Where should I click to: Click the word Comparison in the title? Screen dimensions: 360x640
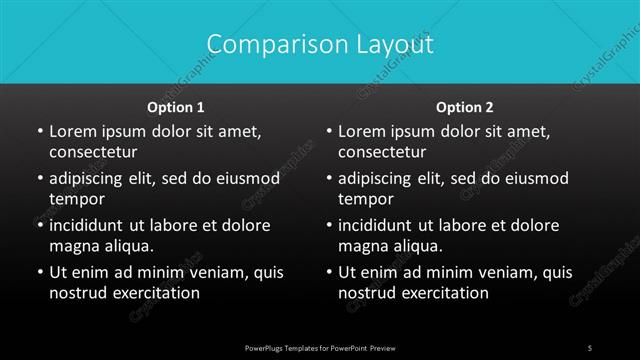click(263, 45)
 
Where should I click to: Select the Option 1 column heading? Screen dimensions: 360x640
click(176, 106)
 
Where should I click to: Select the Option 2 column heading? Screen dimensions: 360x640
click(465, 106)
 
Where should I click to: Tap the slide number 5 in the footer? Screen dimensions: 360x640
click(590, 347)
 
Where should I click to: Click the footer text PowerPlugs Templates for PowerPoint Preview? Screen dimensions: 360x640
click(320, 347)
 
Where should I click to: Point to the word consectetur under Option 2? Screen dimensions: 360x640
click(383, 153)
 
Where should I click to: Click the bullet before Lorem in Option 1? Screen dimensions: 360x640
click(39, 132)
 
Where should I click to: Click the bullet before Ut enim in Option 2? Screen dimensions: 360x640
click(329, 272)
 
